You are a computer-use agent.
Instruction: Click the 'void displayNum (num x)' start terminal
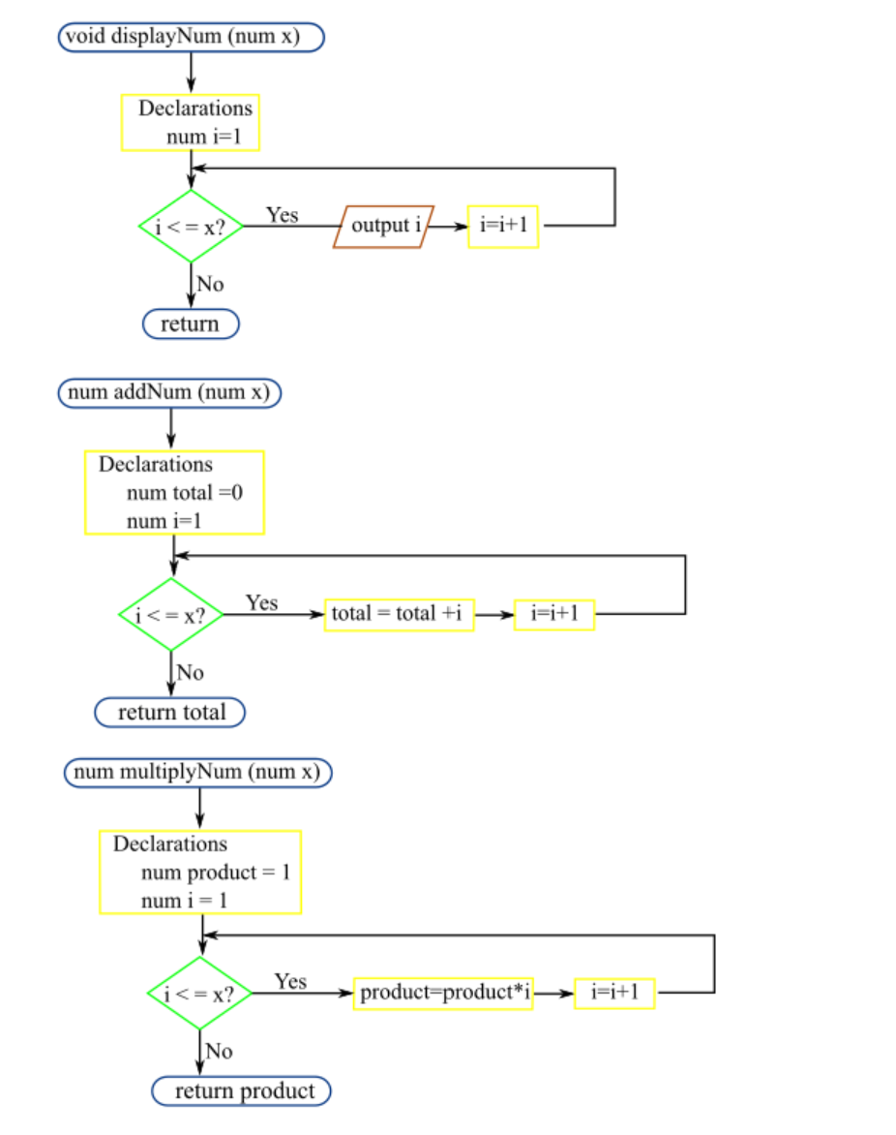[x=191, y=37]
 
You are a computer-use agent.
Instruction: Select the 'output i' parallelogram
[x=384, y=227]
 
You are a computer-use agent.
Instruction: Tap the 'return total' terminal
[x=170, y=713]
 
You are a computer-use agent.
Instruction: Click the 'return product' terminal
[x=242, y=1091]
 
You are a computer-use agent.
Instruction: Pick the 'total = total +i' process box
[x=399, y=614]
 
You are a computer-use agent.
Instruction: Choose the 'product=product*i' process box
[x=443, y=994]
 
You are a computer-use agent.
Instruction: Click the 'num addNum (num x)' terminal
[x=170, y=393]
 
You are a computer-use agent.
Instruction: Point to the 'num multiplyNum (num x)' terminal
[x=198, y=773]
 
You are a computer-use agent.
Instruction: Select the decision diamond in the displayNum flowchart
[x=191, y=227]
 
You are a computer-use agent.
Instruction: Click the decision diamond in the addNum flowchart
[x=171, y=615]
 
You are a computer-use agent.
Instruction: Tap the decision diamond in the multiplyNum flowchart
[x=199, y=994]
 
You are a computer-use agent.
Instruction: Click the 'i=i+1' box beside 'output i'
[x=503, y=227]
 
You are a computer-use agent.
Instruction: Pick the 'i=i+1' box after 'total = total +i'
[x=554, y=614]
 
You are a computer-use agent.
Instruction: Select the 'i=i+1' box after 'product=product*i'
[x=614, y=994]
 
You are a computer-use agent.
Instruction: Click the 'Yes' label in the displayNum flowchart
[x=283, y=215]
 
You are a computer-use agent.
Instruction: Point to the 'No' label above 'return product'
[x=220, y=1051]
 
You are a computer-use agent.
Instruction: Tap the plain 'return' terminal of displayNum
[x=191, y=323]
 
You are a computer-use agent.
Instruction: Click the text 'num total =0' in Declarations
[x=184, y=493]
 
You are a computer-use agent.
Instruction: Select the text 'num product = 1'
[x=215, y=873]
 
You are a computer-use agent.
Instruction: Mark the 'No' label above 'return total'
[x=191, y=672]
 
